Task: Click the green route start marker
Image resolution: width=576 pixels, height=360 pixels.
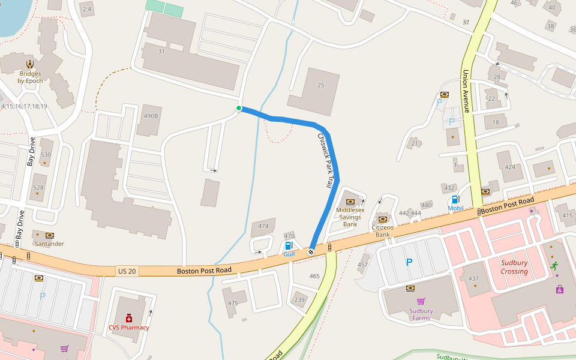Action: [x=239, y=108]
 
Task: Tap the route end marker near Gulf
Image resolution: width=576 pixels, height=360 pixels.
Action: [x=311, y=252]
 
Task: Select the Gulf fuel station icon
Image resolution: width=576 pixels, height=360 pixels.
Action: [x=289, y=245]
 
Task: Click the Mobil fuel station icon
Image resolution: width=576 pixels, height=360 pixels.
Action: [x=455, y=199]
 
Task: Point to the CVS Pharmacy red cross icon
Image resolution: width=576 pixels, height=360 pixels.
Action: [x=128, y=318]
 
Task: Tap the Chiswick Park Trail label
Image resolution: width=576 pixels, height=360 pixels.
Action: [x=325, y=161]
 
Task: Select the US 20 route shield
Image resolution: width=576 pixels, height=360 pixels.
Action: [x=127, y=271]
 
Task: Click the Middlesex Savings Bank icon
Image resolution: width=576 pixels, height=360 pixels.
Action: [x=350, y=202]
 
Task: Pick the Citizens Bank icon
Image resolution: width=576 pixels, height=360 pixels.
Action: [x=382, y=219]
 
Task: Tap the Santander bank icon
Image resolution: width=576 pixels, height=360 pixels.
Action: [x=49, y=235]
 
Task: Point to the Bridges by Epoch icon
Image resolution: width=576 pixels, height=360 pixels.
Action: [x=29, y=64]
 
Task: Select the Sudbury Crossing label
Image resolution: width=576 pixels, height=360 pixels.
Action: [x=514, y=267]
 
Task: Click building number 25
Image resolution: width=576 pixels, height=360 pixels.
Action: [x=321, y=85]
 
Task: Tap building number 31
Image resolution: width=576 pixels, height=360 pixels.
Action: [x=161, y=52]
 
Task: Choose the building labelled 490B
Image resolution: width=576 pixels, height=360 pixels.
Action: [x=150, y=116]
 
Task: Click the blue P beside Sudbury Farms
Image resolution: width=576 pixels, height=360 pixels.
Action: [x=409, y=262]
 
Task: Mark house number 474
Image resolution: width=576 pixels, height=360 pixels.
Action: [x=263, y=226]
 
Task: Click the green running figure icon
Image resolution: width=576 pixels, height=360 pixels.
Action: [x=554, y=265]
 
